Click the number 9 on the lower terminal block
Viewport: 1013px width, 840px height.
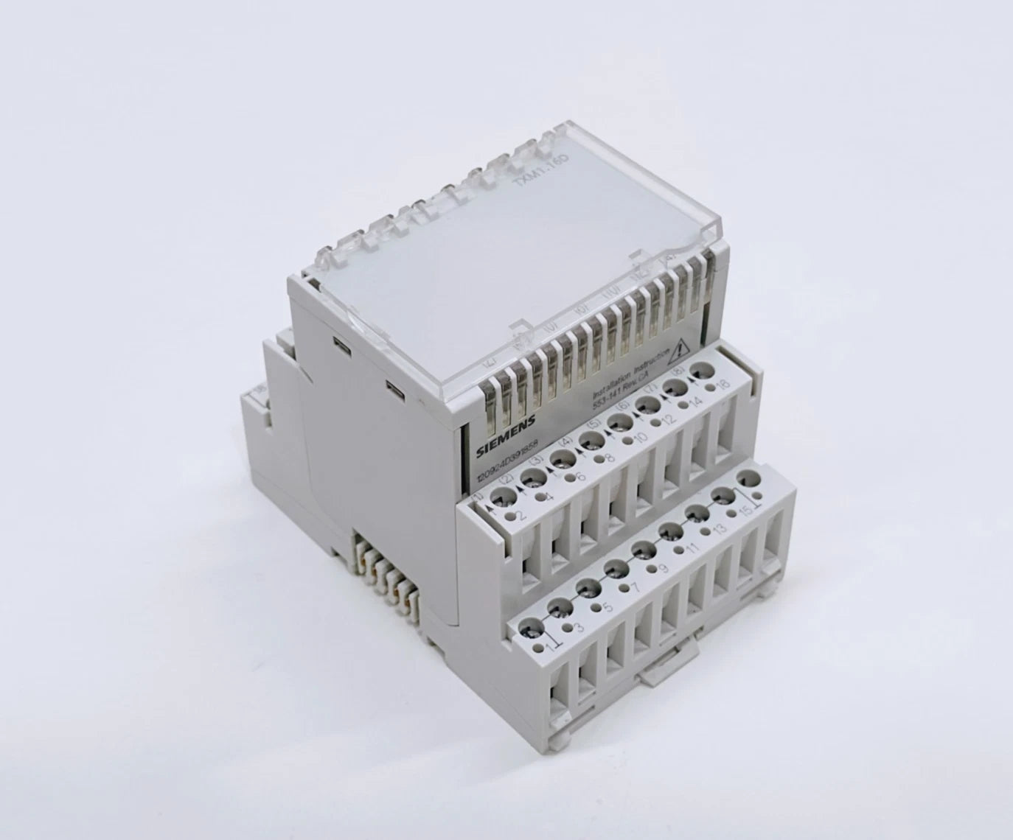pyautogui.click(x=663, y=568)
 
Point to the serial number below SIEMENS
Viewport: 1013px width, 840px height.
pyautogui.click(x=508, y=464)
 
